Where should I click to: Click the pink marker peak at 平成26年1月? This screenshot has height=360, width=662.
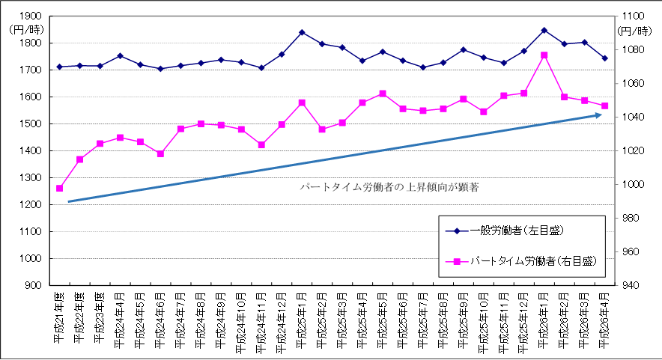(544, 55)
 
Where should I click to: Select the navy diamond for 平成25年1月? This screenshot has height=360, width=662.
(302, 32)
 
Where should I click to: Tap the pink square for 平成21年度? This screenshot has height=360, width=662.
(60, 188)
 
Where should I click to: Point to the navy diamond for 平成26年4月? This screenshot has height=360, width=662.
(605, 58)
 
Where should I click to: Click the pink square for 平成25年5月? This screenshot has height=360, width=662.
(383, 94)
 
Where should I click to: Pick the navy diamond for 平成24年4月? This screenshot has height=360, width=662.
(120, 55)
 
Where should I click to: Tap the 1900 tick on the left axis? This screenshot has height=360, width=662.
(32, 16)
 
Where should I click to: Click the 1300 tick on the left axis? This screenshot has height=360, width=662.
(32, 177)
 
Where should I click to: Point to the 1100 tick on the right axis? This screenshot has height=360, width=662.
(631, 16)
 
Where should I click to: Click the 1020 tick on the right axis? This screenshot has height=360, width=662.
(631, 151)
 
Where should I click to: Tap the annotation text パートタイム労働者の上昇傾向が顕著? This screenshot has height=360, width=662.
(388, 186)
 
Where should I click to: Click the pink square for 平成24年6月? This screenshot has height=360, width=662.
(160, 153)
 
